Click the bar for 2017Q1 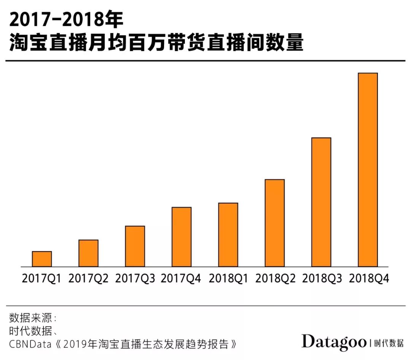coord(42,259)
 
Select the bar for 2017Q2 coord(88,253)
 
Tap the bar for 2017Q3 coord(135,246)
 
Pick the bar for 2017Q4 coord(182,237)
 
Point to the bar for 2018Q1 coord(228,235)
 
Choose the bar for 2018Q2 coord(275,223)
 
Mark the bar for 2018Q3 coord(321,202)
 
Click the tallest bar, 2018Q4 coord(368,170)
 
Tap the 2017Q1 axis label coord(42,278)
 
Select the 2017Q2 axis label coord(88,278)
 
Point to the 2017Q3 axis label coord(135,278)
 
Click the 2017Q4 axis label coord(181,278)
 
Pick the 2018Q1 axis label coord(228,278)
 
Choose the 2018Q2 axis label coord(275,278)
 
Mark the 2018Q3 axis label coord(322,278)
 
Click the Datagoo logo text coord(334,342)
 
